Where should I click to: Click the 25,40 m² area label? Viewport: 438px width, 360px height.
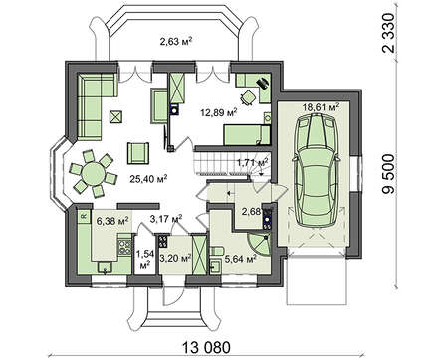[148, 179]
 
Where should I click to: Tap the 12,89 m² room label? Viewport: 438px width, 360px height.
[219, 112]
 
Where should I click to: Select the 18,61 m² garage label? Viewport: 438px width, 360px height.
[321, 107]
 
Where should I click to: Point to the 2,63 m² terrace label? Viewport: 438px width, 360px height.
[176, 41]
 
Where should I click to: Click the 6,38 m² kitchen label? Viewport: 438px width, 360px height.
[112, 221]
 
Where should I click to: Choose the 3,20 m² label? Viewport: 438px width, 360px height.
[175, 258]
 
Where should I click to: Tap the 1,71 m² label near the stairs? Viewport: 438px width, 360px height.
[253, 163]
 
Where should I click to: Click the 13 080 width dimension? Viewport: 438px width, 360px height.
[206, 348]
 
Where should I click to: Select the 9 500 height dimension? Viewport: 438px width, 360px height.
[388, 174]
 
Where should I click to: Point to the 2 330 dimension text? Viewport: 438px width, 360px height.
[388, 33]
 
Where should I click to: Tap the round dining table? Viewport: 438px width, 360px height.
[94, 173]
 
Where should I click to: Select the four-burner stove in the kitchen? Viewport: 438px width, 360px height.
[124, 245]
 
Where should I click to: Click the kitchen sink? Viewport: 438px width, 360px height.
[106, 268]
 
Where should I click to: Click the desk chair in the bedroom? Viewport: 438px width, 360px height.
[247, 97]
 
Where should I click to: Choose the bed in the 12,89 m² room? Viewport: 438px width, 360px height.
[247, 135]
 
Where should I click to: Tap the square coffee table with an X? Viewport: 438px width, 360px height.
[116, 116]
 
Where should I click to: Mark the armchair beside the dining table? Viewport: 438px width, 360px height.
[138, 153]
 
